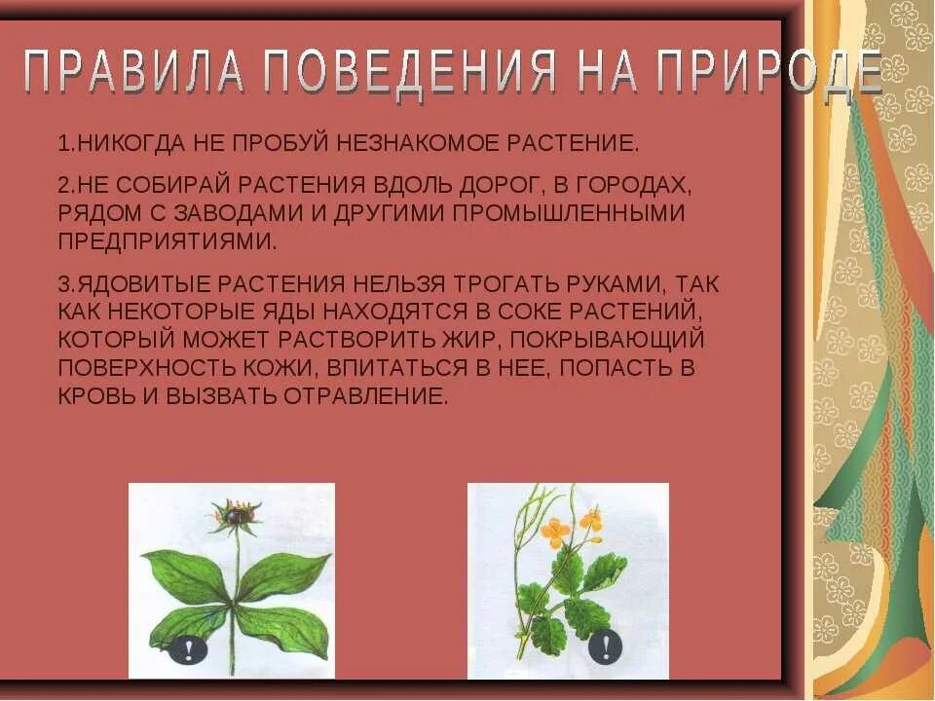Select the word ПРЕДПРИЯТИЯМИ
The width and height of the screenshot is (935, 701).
point(160,240)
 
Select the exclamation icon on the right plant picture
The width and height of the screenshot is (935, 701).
point(606,645)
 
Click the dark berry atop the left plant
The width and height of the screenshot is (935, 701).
point(235,510)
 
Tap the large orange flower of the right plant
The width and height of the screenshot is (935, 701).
point(554,532)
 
